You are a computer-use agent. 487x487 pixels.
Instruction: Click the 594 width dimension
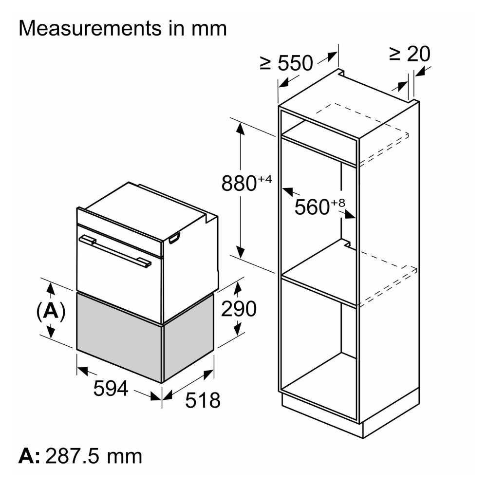(111, 388)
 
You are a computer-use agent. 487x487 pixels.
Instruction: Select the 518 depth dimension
(203, 400)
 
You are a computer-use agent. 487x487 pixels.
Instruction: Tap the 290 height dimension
(239, 308)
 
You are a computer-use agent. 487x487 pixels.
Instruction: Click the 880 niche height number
(239, 183)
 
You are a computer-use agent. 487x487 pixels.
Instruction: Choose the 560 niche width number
(312, 207)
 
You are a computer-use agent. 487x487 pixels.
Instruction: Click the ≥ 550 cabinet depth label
(286, 63)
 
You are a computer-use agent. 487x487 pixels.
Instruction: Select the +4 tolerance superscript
(265, 179)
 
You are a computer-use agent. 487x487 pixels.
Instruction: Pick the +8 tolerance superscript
(338, 203)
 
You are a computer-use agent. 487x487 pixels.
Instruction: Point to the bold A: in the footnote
(29, 456)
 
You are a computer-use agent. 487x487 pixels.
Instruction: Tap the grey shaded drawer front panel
(119, 337)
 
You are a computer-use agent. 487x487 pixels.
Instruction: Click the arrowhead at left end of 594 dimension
(83, 370)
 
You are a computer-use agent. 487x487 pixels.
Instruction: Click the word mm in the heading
(209, 28)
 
